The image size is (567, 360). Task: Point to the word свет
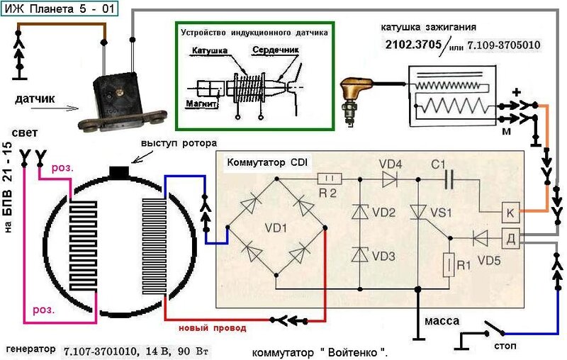point(25,133)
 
